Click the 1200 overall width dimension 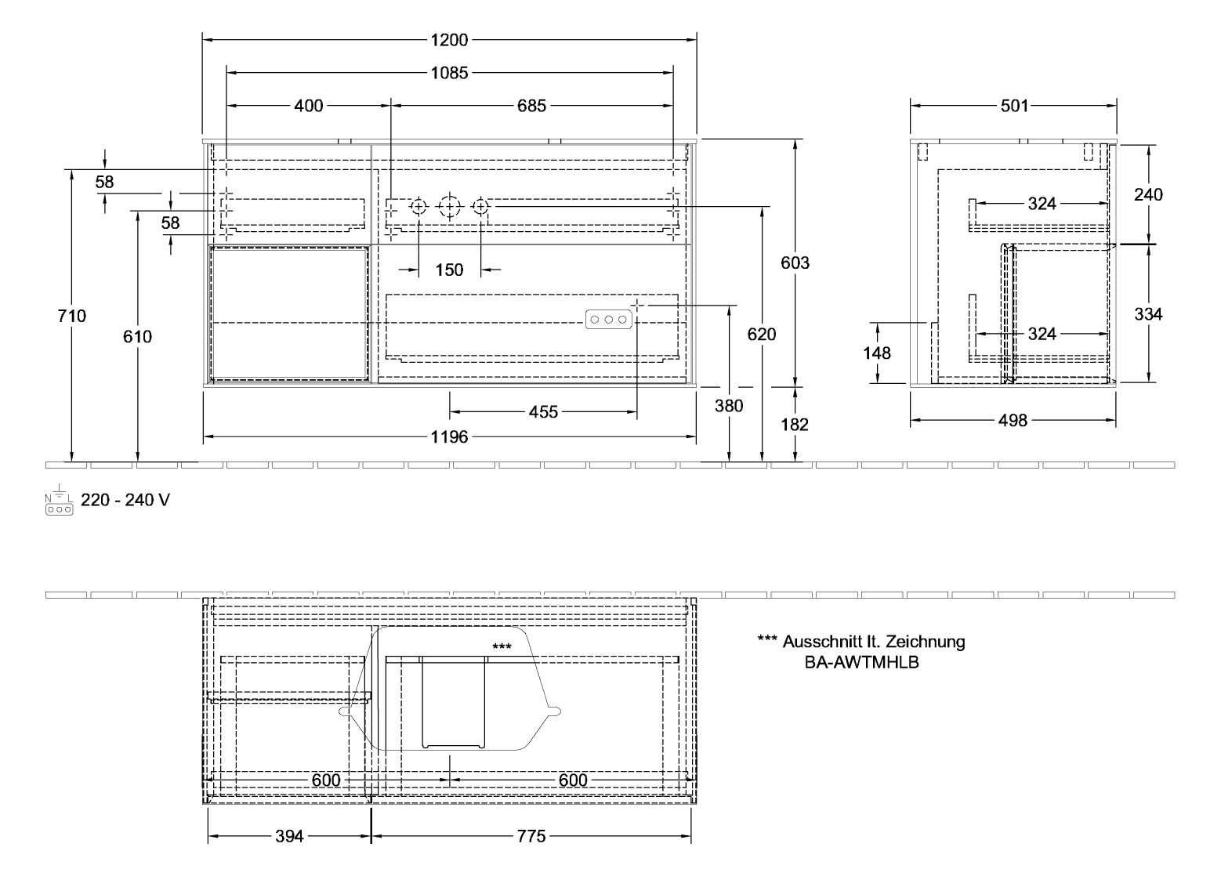(449, 40)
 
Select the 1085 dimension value (449, 73)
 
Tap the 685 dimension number (531, 106)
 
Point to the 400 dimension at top (309, 106)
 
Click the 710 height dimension (72, 317)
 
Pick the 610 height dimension (138, 337)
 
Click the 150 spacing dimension (449, 270)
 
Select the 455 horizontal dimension (543, 412)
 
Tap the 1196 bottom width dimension (449, 436)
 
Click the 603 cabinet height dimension (795, 263)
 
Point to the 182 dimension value (795, 425)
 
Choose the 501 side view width (1014, 106)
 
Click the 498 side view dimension (1013, 422)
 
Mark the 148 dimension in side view (877, 353)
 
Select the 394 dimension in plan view (289, 837)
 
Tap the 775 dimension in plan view (531, 837)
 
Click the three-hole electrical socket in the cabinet (607, 320)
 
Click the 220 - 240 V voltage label (125, 500)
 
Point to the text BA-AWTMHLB (861, 662)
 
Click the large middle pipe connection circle (449, 207)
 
